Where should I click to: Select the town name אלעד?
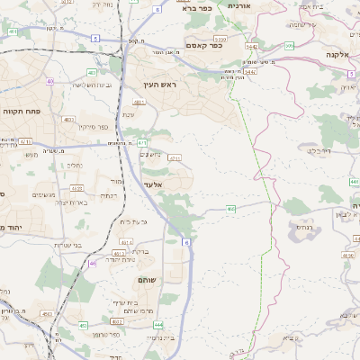[153, 184]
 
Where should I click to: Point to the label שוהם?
[147, 282]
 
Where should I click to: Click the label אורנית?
[238, 5]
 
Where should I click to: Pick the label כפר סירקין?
[80, 127]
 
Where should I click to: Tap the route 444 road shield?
[158, 324]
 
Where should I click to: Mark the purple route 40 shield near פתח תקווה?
[49, 82]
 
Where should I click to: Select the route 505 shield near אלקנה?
[290, 46]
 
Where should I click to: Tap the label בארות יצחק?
[69, 202]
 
